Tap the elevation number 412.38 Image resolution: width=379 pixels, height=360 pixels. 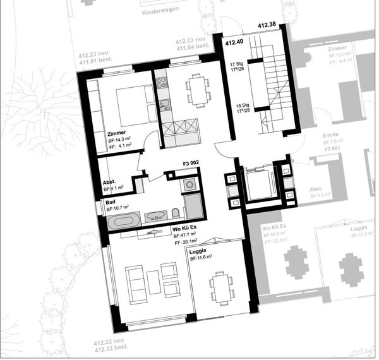coord(267,25)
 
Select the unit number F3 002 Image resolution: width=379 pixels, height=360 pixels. coord(191,164)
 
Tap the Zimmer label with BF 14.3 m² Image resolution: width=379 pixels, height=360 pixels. coord(117,134)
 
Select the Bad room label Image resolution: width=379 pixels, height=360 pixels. coord(110,201)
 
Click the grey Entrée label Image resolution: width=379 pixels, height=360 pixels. coord(330,135)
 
